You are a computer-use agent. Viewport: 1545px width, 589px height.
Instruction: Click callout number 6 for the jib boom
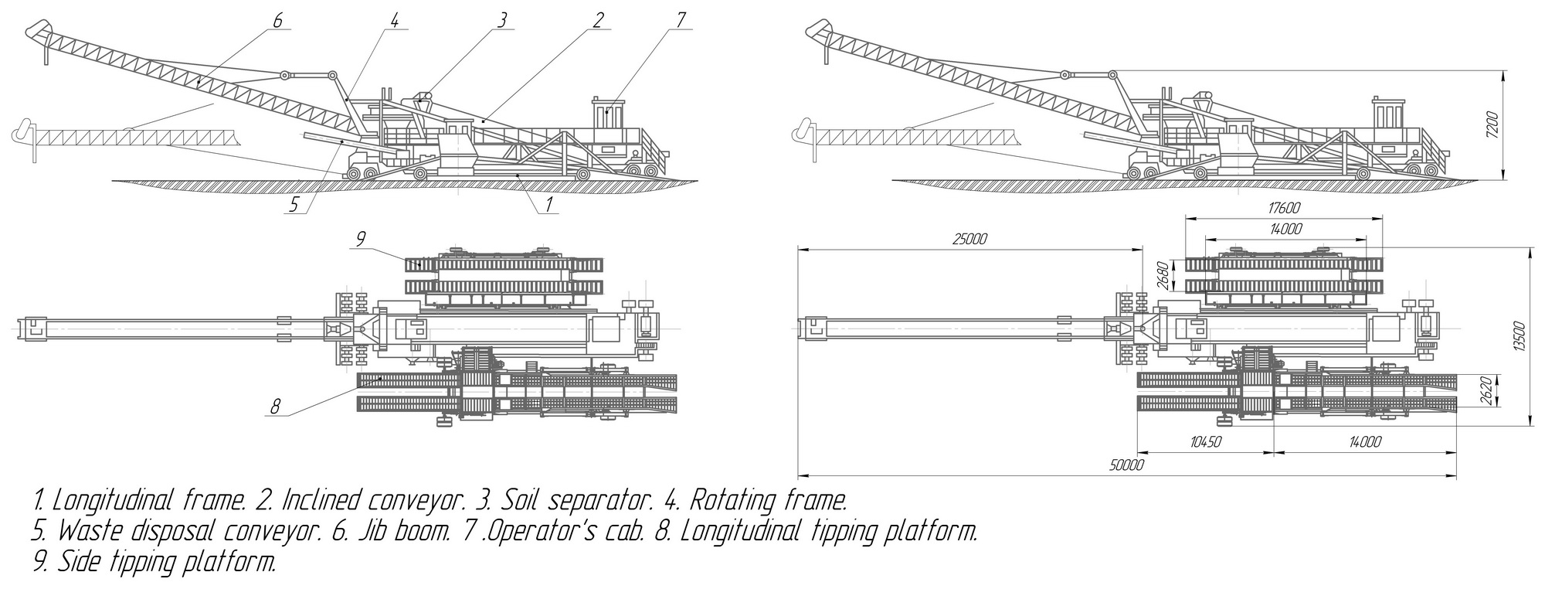point(277,20)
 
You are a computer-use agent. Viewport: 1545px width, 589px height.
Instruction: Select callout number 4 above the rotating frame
point(394,20)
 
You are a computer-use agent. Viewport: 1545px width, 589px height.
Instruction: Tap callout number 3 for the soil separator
point(503,20)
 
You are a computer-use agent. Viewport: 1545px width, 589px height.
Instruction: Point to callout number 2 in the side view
point(597,20)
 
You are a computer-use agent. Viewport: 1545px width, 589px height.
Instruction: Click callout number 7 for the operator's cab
point(680,20)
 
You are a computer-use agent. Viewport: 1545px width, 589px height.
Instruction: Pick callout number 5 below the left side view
point(294,205)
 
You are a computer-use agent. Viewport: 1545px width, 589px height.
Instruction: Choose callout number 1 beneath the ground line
point(548,204)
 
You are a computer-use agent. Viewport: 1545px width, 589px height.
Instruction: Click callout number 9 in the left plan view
point(360,240)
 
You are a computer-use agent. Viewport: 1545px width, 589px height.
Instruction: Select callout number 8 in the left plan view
point(276,407)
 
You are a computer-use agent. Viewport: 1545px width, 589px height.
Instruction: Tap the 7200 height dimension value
point(1515,125)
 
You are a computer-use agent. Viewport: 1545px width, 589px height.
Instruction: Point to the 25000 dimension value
point(969,239)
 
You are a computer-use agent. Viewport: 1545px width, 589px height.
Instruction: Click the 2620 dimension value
point(1509,391)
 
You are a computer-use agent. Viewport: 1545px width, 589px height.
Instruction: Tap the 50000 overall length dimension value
point(1126,465)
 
